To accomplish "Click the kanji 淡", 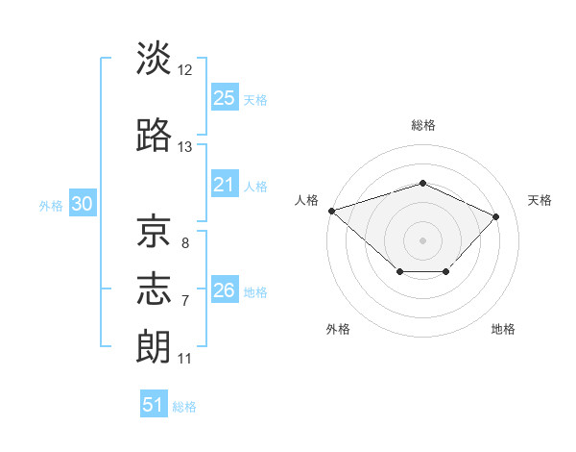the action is (154, 58).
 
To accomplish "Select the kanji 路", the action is (154, 135).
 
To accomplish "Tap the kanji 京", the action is (154, 231).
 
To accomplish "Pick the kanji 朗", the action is (154, 346).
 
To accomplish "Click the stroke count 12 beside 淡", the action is (184, 70).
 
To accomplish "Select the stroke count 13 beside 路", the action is (184, 147).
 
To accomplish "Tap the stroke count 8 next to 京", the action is (185, 243).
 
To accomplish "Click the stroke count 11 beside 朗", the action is (184, 359).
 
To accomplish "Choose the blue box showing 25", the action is (225, 97).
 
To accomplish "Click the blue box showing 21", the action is (225, 184).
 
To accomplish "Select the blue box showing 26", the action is (225, 289).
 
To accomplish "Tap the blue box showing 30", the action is (83, 203).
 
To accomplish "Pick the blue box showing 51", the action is (154, 403).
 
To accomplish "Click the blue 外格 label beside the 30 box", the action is (51, 206).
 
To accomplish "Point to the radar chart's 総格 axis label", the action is (423, 125).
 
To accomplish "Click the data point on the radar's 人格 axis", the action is (332, 211).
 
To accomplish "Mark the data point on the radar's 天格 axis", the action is (495, 216).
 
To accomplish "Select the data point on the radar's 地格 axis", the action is (446, 271).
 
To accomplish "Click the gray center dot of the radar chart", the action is (422, 240).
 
